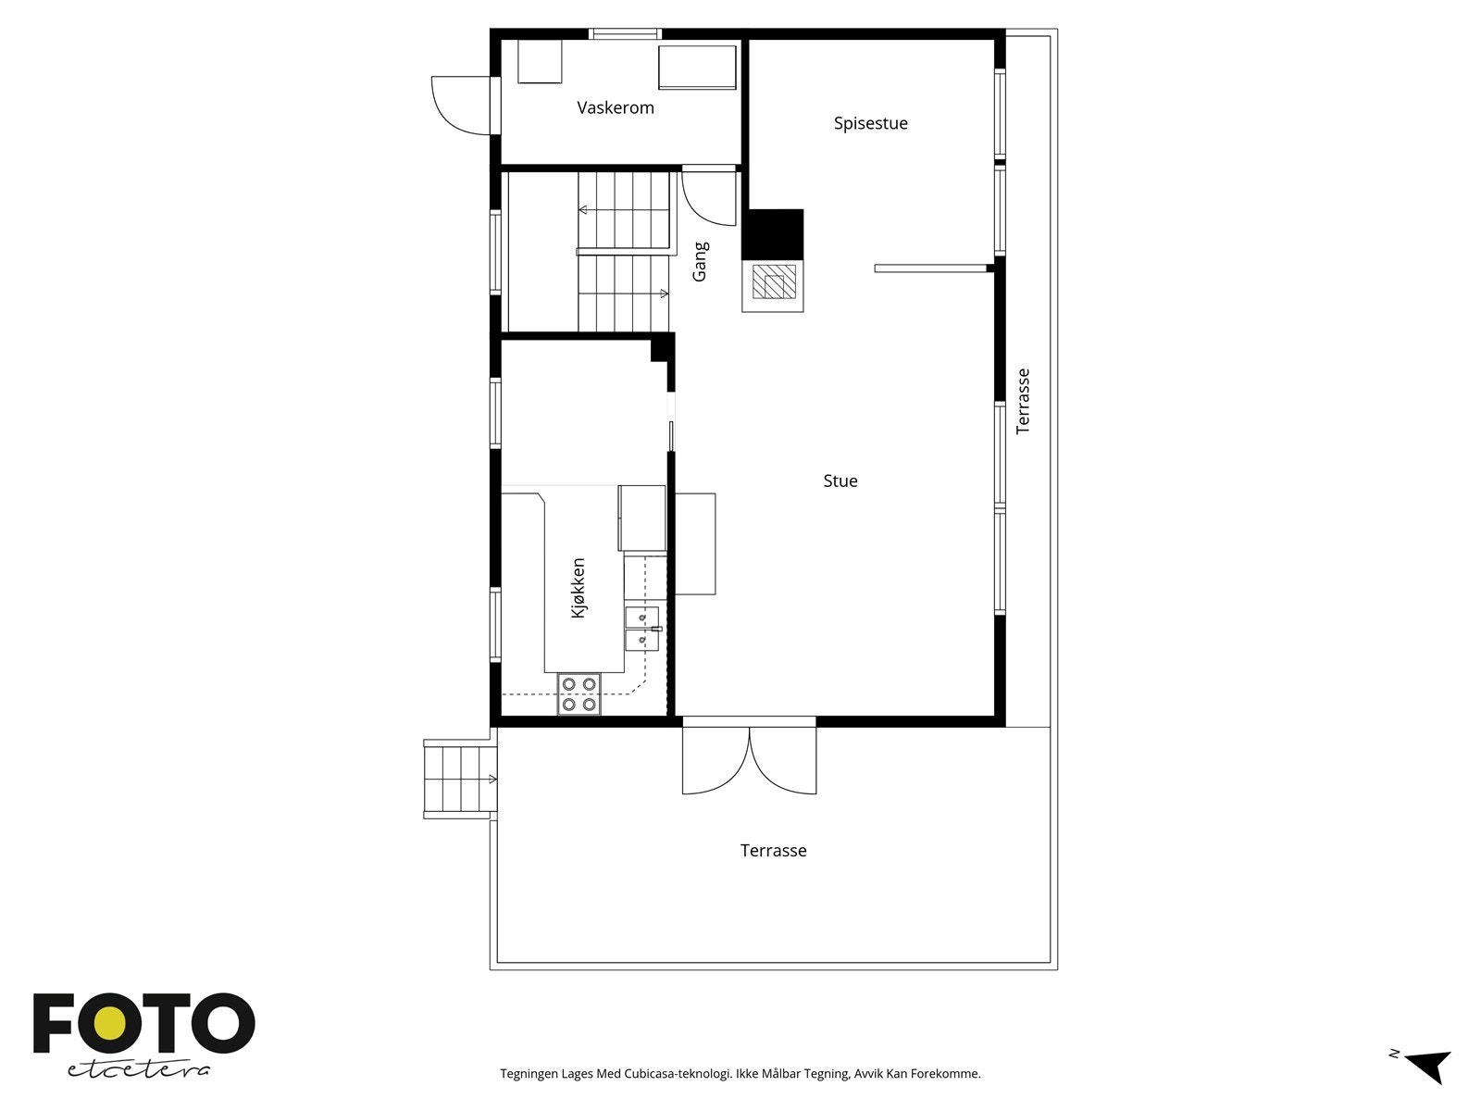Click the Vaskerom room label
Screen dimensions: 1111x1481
(x=616, y=107)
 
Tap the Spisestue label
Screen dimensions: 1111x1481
(x=870, y=123)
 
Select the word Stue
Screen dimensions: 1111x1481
(x=840, y=481)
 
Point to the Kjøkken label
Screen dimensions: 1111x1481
(x=579, y=588)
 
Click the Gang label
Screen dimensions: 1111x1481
(x=701, y=262)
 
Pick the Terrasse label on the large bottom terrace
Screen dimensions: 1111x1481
(x=773, y=850)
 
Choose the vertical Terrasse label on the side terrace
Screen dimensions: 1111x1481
(x=1023, y=401)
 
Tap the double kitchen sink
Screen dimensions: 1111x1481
(x=642, y=629)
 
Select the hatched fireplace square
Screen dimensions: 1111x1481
(x=773, y=282)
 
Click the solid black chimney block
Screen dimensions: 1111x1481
(x=773, y=233)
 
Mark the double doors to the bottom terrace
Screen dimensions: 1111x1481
(x=750, y=759)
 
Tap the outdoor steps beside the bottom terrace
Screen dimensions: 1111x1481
(x=458, y=779)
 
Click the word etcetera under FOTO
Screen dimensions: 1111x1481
(x=139, y=1069)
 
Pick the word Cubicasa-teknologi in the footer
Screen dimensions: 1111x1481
(x=678, y=1074)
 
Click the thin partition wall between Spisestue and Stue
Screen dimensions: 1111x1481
(x=930, y=268)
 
